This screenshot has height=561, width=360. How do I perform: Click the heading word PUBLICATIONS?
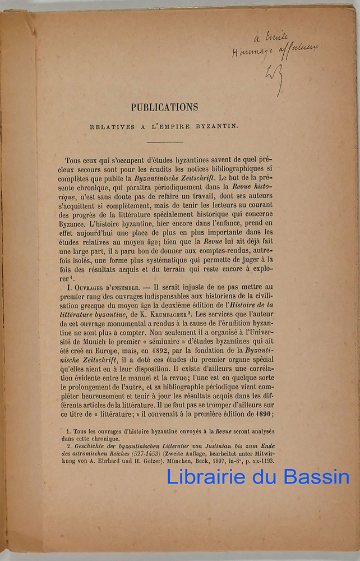tap(164, 107)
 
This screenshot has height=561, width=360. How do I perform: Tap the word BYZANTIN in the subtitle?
tap(216, 126)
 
